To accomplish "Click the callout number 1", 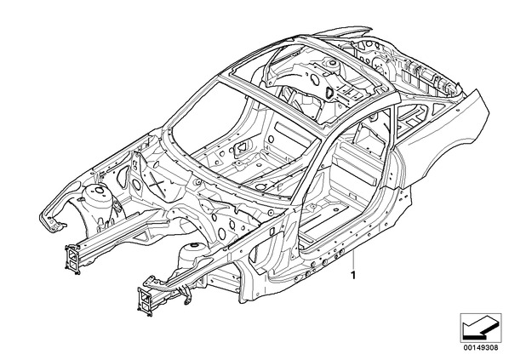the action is [x=353, y=276].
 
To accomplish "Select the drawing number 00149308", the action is [x=480, y=348].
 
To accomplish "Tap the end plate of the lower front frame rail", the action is [x=145, y=301].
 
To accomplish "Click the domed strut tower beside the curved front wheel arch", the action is [x=97, y=197].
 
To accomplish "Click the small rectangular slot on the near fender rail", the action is [x=272, y=231].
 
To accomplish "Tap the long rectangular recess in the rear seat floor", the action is [x=291, y=131].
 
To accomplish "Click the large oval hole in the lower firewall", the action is [x=221, y=232].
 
